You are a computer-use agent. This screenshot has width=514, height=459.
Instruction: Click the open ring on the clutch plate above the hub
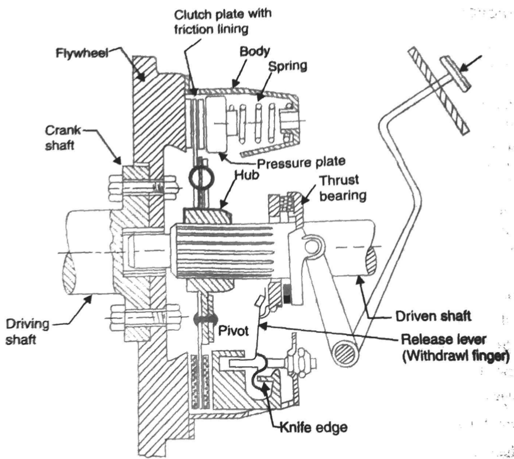point(199,178)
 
